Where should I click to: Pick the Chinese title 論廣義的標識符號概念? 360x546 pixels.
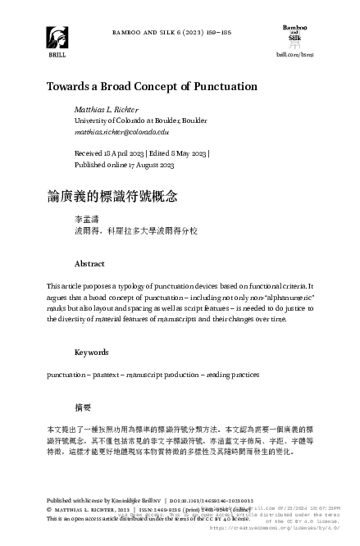(x=112, y=197)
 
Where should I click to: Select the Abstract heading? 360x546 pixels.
(x=89, y=264)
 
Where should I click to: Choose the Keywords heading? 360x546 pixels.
(x=92, y=353)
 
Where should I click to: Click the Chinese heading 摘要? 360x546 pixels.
(x=83, y=407)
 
